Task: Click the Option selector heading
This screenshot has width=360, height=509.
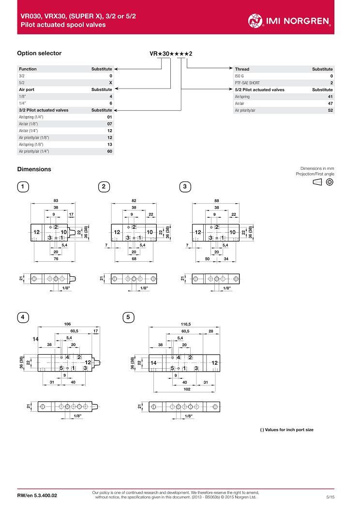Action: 39,53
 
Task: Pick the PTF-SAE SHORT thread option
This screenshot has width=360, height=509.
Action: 247,83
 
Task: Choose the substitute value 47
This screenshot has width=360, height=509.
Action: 330,104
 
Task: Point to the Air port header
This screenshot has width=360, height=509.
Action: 27,90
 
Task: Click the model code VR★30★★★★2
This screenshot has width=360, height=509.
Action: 171,54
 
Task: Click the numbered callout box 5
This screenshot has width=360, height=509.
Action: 128,317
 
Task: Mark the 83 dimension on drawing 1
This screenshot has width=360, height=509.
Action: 56,200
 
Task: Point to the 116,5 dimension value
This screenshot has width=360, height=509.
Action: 186,324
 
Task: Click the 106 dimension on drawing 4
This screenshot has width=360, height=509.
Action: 68,324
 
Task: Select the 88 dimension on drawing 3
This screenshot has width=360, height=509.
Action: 217,200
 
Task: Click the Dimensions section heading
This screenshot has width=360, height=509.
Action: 34,169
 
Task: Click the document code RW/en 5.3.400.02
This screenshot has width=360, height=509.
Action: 37,496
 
